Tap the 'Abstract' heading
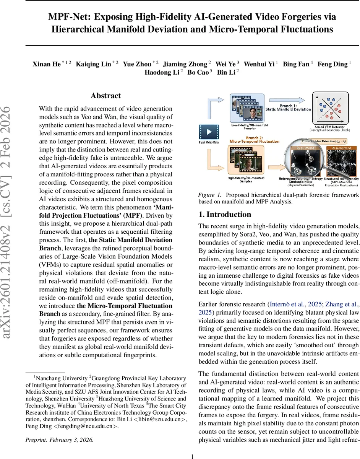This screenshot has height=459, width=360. (x=105, y=96)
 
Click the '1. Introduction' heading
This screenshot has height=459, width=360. (x=225, y=214)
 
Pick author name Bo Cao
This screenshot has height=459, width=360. (x=197, y=72)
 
